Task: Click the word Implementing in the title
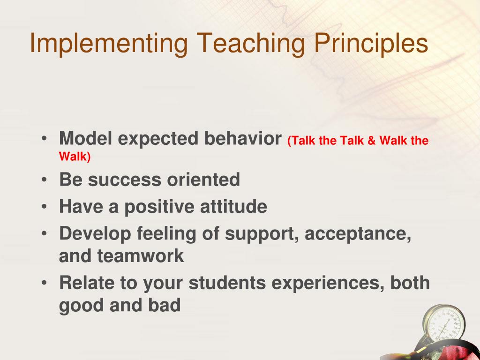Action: click(x=109, y=44)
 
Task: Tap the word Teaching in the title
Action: click(x=251, y=44)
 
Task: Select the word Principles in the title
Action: click(x=371, y=44)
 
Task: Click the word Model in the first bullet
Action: click(x=85, y=138)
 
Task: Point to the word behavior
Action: click(x=243, y=138)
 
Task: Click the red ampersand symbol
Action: click(x=371, y=141)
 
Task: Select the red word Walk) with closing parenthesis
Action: click(x=75, y=157)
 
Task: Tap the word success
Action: click(x=124, y=180)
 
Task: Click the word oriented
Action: click(x=203, y=180)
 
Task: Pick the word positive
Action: click(x=159, y=207)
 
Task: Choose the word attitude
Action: click(x=233, y=206)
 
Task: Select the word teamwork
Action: click(x=141, y=256)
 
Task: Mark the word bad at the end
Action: click(x=165, y=305)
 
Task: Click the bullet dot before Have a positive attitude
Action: click(x=45, y=207)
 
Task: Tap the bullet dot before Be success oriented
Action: click(x=45, y=180)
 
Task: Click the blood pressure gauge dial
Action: click(x=444, y=324)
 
